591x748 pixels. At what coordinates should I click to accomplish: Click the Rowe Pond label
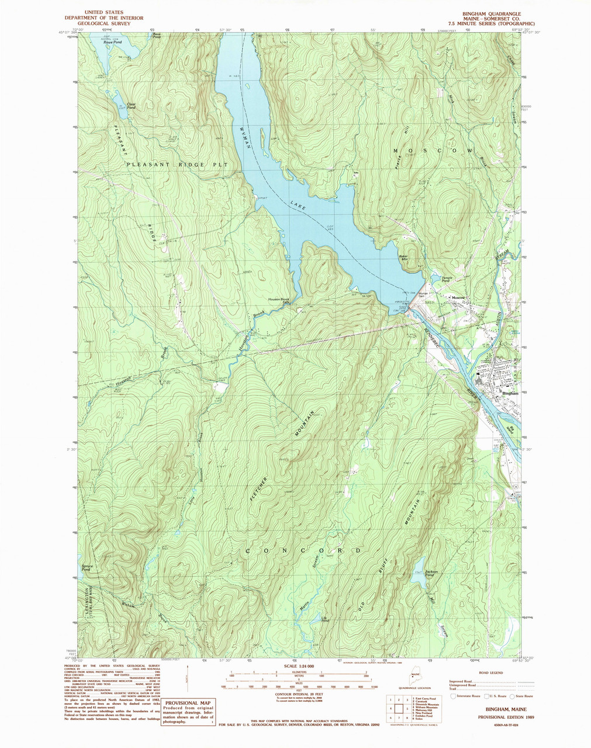click(x=112, y=43)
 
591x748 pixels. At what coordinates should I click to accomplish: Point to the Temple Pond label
click(x=447, y=280)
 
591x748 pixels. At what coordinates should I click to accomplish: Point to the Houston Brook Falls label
click(x=279, y=301)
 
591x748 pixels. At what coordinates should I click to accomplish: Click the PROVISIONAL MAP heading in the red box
click(x=188, y=704)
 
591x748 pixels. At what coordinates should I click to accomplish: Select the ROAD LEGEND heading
click(x=490, y=673)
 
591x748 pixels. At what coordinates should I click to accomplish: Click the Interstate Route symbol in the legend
click(x=453, y=696)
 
